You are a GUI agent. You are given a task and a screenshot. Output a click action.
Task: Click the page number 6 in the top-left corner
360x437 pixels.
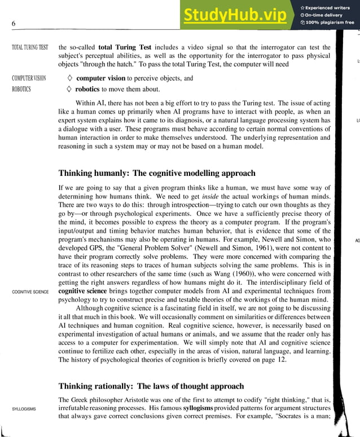13,23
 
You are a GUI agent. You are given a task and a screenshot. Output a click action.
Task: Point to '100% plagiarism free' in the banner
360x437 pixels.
331,23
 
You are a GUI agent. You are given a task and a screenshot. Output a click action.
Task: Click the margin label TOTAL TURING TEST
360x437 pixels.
30,47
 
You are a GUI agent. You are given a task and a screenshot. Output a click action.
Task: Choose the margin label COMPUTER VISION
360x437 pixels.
29,78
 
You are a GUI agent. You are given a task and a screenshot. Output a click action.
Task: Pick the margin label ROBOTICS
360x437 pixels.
21,90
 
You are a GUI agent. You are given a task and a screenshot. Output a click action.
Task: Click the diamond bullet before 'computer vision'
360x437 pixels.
69,78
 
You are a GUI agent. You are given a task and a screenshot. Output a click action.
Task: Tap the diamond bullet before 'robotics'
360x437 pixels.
69,90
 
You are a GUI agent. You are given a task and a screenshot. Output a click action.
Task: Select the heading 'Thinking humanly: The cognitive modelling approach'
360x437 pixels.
157,173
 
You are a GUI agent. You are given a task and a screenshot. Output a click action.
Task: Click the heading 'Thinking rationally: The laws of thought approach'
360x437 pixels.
151,386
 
